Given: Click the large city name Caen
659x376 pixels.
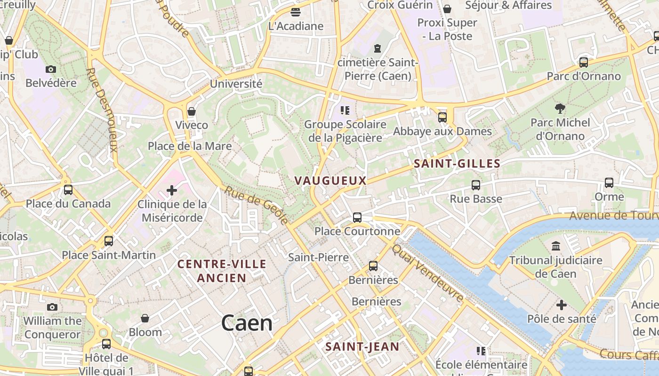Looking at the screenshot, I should [247, 323].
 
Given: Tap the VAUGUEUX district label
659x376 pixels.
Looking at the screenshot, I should [330, 180].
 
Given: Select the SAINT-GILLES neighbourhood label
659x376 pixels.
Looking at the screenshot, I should [457, 164].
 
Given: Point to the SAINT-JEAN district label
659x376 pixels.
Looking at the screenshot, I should [362, 347].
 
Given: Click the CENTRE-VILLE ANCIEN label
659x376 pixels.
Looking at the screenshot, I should [222, 271].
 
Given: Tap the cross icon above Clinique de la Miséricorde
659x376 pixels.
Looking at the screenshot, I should [172, 190].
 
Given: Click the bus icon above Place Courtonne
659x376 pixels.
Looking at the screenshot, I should [357, 217].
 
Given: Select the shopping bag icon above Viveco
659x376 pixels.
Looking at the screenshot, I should [192, 111].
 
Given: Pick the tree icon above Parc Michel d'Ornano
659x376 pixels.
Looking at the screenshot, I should [560, 109].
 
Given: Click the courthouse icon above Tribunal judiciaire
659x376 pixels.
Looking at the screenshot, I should [556, 246].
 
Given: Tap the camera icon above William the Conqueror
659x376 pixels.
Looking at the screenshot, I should [52, 307].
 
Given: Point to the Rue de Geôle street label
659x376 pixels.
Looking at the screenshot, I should [256, 205].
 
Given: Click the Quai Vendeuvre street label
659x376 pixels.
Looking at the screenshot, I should [428, 272].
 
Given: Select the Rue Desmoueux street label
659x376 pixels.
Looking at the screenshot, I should [102, 110].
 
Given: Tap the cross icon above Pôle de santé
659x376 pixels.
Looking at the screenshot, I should [561, 305].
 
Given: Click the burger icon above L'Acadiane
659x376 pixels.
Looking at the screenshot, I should [296, 12].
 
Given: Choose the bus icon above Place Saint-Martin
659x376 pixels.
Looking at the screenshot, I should [109, 241].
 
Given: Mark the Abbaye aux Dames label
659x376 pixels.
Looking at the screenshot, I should [442, 131].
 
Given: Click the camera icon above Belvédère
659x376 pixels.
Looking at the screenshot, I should [51, 69].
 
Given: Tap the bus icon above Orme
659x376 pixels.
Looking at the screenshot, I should [609, 183].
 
